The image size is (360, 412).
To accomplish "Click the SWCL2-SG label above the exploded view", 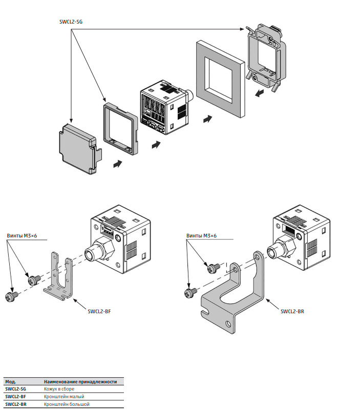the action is (71, 22).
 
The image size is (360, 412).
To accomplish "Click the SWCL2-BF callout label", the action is (99, 311).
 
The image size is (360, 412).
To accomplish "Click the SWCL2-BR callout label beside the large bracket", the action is (292, 311).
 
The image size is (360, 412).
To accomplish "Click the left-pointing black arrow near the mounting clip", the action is (260, 93).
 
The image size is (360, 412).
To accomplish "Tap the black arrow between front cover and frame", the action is (118, 164).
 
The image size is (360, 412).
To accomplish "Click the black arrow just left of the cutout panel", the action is (208, 119).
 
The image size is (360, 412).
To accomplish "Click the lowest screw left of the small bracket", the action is (12, 296).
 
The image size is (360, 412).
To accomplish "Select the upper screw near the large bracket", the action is (214, 268).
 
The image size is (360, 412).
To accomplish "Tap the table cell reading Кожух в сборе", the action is (59, 389).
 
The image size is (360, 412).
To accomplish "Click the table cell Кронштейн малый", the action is (64, 397).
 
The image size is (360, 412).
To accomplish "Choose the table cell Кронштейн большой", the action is (67, 404).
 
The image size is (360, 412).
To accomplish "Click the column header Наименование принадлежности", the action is (80, 381).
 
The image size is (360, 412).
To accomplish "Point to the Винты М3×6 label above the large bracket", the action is (201, 236).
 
